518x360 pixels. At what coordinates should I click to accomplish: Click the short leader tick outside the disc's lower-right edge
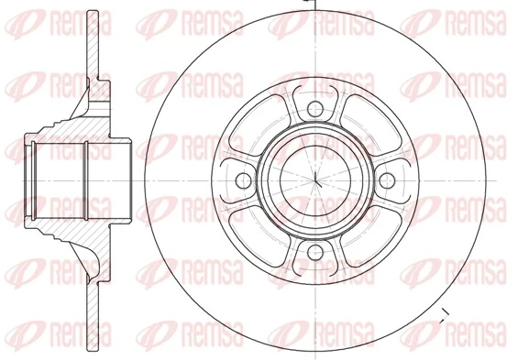coord(444,317)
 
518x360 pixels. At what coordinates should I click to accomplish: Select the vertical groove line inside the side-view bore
coord(84,180)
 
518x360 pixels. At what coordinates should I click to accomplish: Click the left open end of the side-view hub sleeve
coord(25,180)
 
